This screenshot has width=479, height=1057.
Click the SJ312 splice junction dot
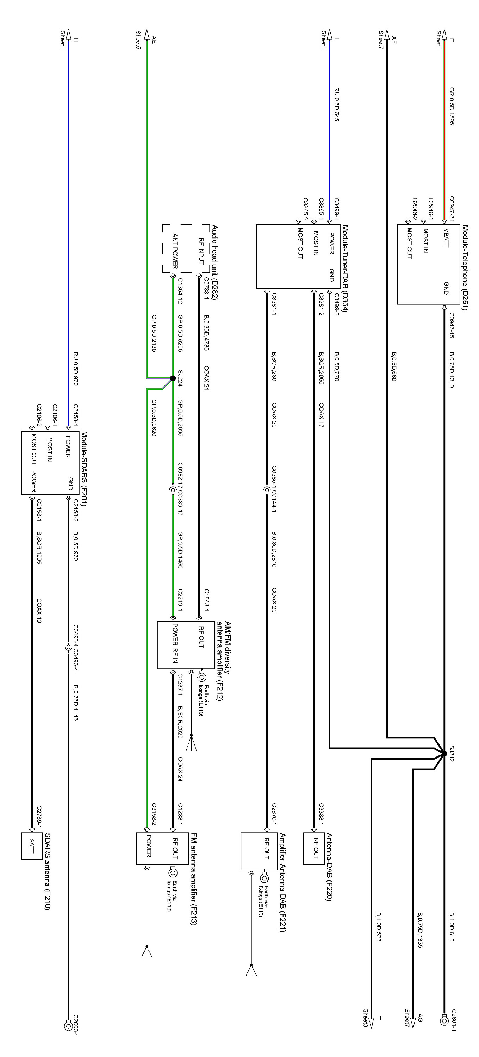pyautogui.click(x=444, y=753)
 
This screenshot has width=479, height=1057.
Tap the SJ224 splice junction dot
pyautogui.click(x=173, y=378)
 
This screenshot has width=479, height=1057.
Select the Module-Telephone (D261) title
pyautogui.click(x=465, y=267)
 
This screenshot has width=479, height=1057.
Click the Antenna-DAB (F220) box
pyautogui.click(x=314, y=848)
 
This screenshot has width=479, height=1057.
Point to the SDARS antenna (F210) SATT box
pyautogui.click(x=32, y=846)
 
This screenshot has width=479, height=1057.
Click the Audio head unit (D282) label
pyautogui.click(x=214, y=262)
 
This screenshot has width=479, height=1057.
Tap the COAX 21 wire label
pyautogui.click(x=206, y=377)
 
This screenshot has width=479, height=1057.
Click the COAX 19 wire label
pyautogui.click(x=39, y=611)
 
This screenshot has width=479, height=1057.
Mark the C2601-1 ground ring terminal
pyautogui.click(x=444, y=1020)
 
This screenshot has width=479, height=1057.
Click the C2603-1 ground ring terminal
pyautogui.click(x=68, y=1025)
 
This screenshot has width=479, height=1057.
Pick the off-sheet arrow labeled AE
pyautogui.click(x=147, y=35)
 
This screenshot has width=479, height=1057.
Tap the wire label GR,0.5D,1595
pyautogui.click(x=452, y=106)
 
